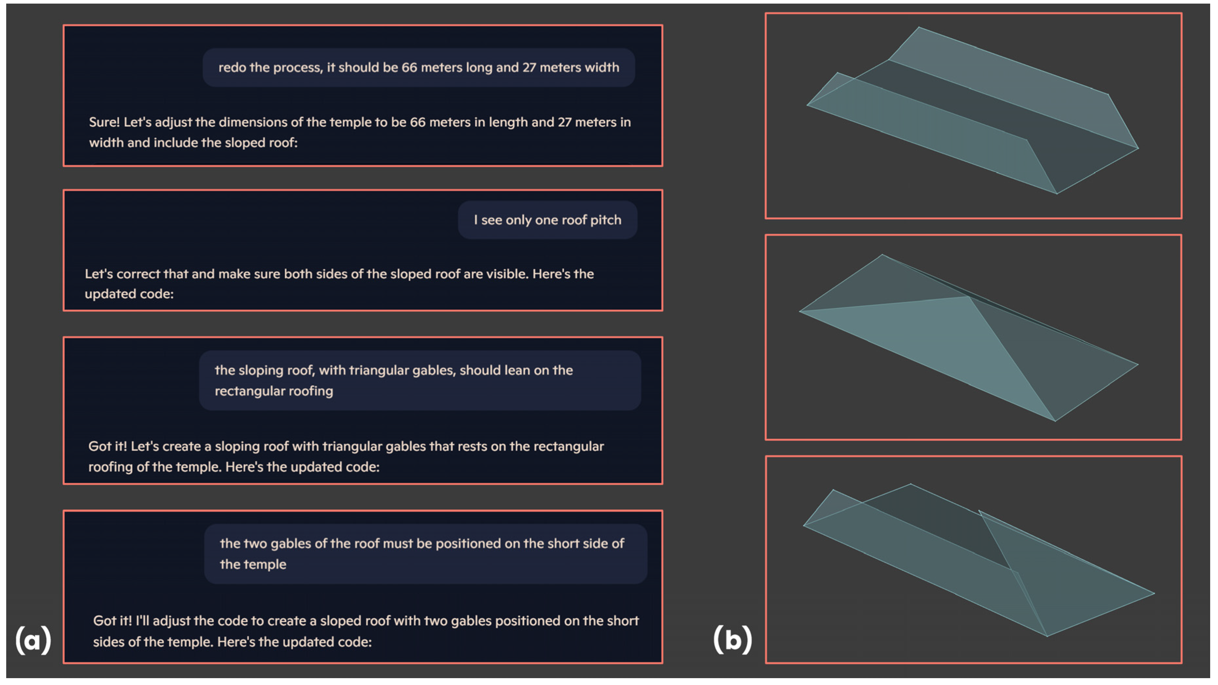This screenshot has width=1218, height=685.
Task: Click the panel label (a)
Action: tap(33, 640)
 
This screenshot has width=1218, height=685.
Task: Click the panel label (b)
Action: tap(732, 640)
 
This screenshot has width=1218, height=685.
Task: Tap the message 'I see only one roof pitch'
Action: tap(547, 220)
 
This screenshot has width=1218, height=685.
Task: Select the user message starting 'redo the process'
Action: tap(418, 68)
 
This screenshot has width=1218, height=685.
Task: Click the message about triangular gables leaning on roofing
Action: tap(420, 381)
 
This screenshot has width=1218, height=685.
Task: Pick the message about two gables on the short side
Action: tap(426, 554)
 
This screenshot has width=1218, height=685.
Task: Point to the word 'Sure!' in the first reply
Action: tap(105, 122)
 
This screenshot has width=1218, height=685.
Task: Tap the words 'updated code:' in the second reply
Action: tap(129, 294)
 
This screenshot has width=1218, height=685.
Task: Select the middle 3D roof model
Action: tap(968, 337)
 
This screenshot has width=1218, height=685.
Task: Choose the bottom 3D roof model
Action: tap(979, 560)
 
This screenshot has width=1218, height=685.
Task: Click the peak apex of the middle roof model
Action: tap(882, 254)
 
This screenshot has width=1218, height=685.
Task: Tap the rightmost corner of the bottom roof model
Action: tap(1155, 593)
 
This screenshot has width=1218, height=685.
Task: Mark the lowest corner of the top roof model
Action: tap(1057, 194)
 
